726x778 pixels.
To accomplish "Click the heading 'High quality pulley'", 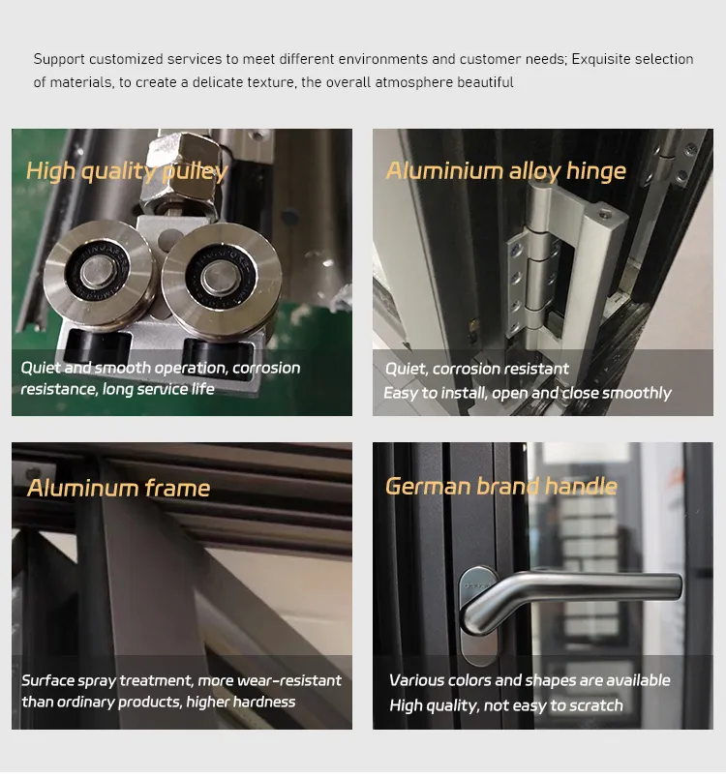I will pyautogui.click(x=126, y=172).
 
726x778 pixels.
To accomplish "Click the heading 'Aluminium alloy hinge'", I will pyautogui.click(x=505, y=171).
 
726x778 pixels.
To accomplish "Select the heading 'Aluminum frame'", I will pyautogui.click(x=118, y=488).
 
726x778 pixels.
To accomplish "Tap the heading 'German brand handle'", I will pyautogui.click(x=500, y=486).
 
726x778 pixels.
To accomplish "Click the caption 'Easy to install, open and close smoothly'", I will pyautogui.click(x=527, y=393).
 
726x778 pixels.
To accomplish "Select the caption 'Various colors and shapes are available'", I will pyautogui.click(x=529, y=680).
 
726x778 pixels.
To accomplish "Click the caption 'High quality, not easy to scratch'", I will pyautogui.click(x=505, y=705).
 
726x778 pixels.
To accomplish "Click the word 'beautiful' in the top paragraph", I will pyautogui.click(x=482, y=82).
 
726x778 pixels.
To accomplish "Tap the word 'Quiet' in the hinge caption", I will pyautogui.click(x=406, y=369).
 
